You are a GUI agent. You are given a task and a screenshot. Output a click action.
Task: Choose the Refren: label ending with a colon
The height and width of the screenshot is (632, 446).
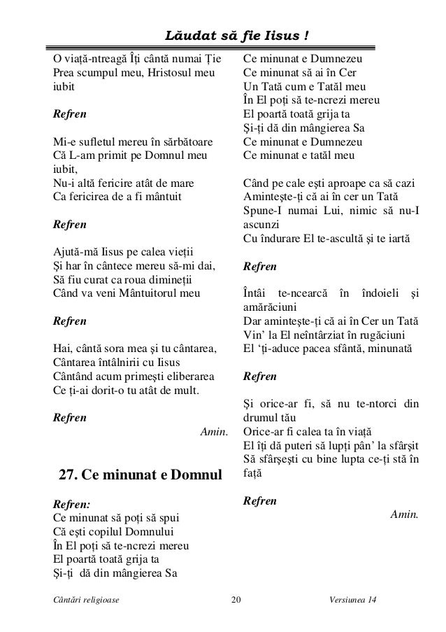click(72, 503)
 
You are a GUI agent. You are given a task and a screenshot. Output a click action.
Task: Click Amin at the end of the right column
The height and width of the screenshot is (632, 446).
click(404, 515)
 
